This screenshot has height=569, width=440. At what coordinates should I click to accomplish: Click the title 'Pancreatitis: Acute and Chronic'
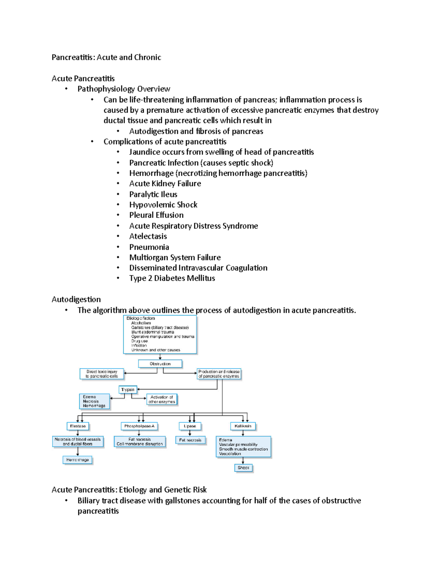106,57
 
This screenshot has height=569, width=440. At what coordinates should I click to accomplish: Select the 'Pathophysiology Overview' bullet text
124,89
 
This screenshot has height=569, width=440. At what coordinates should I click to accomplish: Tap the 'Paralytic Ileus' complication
153,194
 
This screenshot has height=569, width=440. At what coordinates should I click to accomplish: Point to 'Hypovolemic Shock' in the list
163,204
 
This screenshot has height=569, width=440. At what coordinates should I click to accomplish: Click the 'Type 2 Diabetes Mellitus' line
172,278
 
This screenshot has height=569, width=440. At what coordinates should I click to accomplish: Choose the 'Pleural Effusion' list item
156,215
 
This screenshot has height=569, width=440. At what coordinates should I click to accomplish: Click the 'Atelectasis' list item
148,236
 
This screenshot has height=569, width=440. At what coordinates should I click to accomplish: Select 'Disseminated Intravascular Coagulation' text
198,268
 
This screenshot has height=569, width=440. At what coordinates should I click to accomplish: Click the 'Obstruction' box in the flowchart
160,364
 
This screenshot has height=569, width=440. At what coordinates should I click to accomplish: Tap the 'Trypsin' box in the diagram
128,389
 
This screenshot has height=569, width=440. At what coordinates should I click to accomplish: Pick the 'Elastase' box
78,426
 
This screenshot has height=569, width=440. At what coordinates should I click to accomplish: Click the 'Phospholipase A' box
139,426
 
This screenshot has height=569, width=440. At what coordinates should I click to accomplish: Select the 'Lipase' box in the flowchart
190,426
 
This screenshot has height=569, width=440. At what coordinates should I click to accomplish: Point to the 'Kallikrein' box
243,426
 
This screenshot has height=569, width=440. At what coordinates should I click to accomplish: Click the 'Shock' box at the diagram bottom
243,468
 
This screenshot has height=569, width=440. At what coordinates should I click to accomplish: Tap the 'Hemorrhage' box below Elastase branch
78,460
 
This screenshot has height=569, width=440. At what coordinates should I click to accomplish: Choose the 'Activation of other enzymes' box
162,399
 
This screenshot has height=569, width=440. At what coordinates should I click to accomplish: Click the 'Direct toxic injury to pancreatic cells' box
102,374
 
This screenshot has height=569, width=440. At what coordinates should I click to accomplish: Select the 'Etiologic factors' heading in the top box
141,318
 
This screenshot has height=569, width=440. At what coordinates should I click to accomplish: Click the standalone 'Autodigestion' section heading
76,299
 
